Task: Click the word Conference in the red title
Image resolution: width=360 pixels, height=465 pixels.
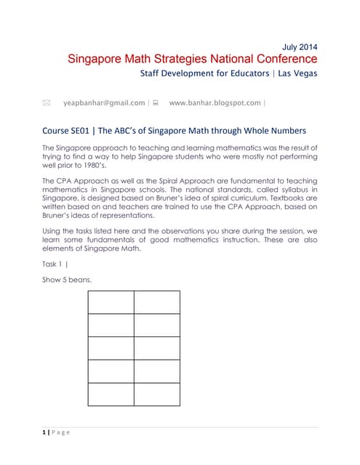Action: pos(281,59)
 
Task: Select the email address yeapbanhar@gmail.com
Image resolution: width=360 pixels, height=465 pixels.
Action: pos(104,103)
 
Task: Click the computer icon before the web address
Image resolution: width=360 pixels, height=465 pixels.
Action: pos(156,103)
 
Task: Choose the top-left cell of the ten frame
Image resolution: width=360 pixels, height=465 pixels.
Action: pos(111,302)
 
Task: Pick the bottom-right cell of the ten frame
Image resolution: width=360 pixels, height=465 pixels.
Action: pos(156,394)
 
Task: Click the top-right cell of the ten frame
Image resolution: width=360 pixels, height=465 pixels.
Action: pos(156,302)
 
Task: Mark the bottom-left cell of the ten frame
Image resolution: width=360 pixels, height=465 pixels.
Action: pos(111,394)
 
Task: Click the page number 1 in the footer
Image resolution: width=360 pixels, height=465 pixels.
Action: pos(46,433)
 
